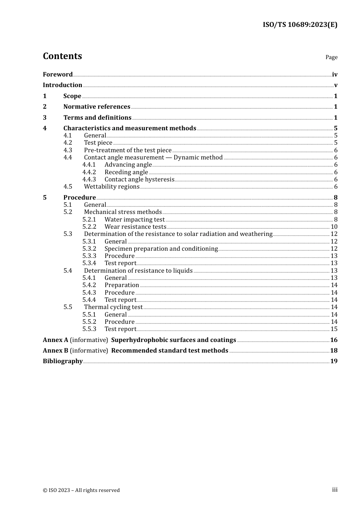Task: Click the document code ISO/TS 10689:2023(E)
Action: (x=300, y=25)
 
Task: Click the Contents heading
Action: (x=62, y=56)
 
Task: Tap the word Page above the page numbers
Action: (x=331, y=57)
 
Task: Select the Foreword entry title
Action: (x=58, y=75)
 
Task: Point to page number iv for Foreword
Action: (x=334, y=75)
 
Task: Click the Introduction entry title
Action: (x=63, y=85)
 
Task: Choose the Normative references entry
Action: (x=97, y=107)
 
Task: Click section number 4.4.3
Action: (x=89, y=180)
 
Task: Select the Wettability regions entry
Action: (x=112, y=187)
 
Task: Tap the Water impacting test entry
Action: (x=135, y=220)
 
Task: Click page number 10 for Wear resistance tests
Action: (x=334, y=227)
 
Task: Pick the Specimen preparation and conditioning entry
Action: (x=161, y=249)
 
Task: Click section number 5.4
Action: (x=68, y=271)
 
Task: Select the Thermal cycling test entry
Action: (x=113, y=307)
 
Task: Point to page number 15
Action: (x=334, y=329)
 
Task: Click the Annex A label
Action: (x=55, y=340)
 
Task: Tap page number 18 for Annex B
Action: (x=333, y=351)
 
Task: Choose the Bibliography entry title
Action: (x=63, y=361)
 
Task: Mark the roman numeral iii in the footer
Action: (x=335, y=490)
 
